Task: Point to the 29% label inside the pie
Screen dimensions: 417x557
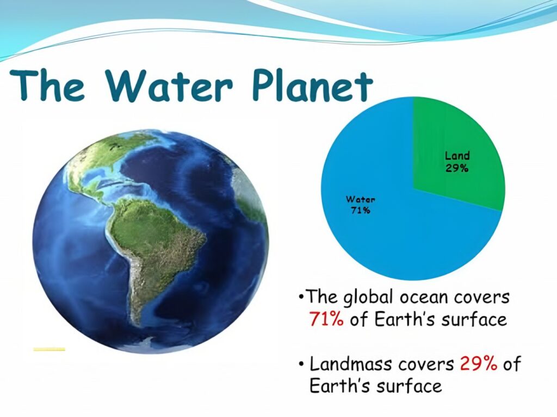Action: point(457,168)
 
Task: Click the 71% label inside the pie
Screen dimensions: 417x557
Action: point(360,210)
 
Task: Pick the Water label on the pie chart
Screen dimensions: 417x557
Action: point(360,199)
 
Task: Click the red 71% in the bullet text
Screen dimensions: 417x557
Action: point(326,319)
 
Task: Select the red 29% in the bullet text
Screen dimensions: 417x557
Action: point(478,363)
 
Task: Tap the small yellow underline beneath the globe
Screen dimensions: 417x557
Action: point(49,349)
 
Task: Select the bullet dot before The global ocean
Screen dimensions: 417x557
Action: point(301,298)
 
